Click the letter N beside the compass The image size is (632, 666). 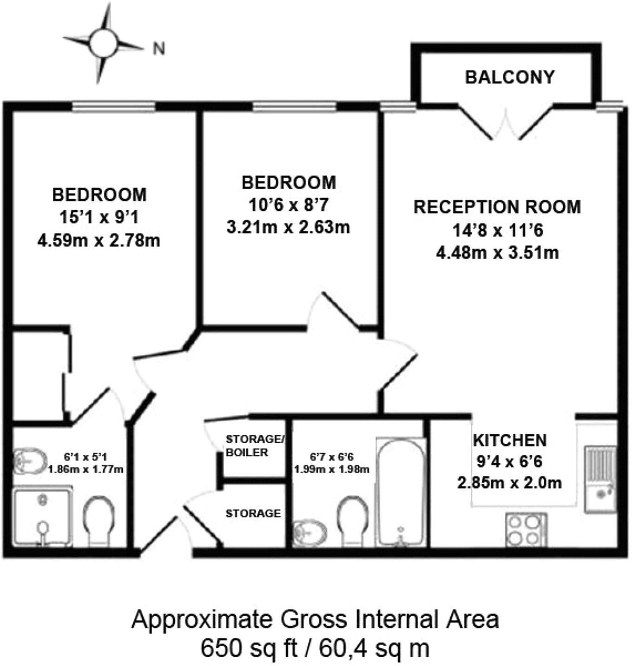[x=159, y=48]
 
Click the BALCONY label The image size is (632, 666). [x=510, y=77]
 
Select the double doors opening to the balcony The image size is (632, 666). [x=506, y=125]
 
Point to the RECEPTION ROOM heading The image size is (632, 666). [x=497, y=207]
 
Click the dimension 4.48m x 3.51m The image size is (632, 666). [x=497, y=253]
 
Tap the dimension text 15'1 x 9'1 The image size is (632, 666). [x=99, y=217]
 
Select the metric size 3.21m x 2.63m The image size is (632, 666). [x=288, y=227]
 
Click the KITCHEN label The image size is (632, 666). [x=510, y=440]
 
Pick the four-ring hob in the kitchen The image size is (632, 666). [x=527, y=530]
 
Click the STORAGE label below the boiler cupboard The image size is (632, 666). [x=253, y=513]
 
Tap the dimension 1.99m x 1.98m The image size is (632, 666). [x=332, y=469]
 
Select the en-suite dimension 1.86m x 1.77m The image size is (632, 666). [x=86, y=469]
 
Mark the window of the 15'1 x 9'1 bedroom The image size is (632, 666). [x=114, y=107]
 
